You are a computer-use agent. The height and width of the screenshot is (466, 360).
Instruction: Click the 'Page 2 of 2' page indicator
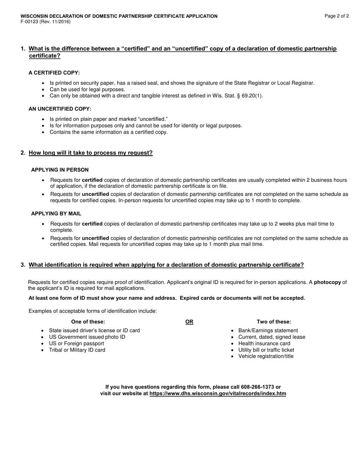click(337, 16)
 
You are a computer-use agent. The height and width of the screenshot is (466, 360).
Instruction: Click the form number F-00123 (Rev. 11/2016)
click(45, 22)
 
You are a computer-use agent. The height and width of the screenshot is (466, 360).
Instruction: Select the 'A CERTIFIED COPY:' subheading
click(54, 73)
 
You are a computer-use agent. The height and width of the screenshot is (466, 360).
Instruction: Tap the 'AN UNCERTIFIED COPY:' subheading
click(60, 109)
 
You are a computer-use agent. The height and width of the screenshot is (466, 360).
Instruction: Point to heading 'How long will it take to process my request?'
click(91, 153)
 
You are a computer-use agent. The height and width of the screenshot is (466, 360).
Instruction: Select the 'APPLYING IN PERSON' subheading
click(60, 170)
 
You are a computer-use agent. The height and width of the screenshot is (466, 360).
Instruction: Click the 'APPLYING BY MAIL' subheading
click(56, 214)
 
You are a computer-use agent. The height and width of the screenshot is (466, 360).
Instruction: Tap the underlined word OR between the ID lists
click(189, 322)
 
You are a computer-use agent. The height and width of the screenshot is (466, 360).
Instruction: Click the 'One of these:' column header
click(88, 322)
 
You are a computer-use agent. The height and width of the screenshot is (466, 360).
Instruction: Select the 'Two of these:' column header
click(274, 322)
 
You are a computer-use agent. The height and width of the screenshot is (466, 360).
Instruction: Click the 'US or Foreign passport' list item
click(77, 344)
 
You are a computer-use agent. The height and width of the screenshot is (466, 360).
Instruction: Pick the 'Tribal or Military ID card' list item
click(77, 350)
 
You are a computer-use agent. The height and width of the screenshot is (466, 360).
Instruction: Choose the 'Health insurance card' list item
click(264, 344)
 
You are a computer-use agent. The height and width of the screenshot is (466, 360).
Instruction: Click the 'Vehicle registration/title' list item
click(266, 357)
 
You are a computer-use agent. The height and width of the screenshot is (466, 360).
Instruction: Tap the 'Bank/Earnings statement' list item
click(268, 331)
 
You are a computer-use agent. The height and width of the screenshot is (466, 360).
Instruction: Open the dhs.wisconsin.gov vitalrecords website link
click(218, 394)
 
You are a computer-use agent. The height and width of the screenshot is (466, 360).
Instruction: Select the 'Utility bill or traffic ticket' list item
click(266, 350)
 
